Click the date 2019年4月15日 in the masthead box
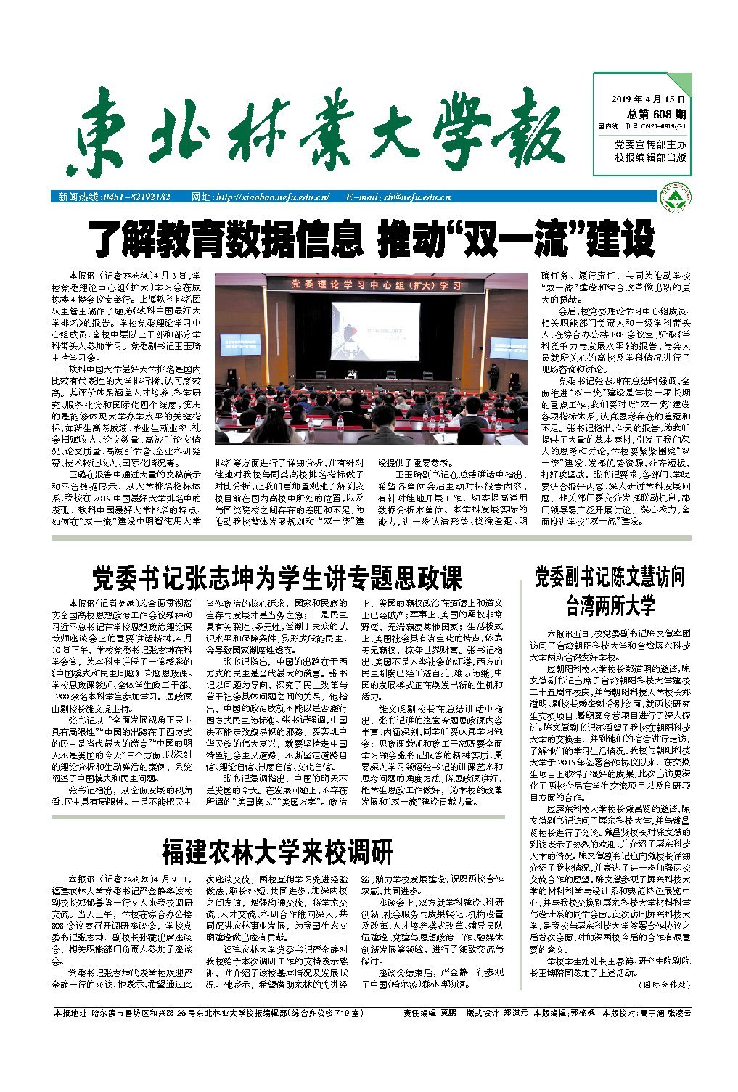(649, 99)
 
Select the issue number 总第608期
(656, 114)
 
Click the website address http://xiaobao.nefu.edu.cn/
(273, 197)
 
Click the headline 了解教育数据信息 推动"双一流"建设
(371, 237)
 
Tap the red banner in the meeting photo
(376, 285)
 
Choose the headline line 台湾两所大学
(610, 605)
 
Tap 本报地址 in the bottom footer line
(71, 1012)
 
